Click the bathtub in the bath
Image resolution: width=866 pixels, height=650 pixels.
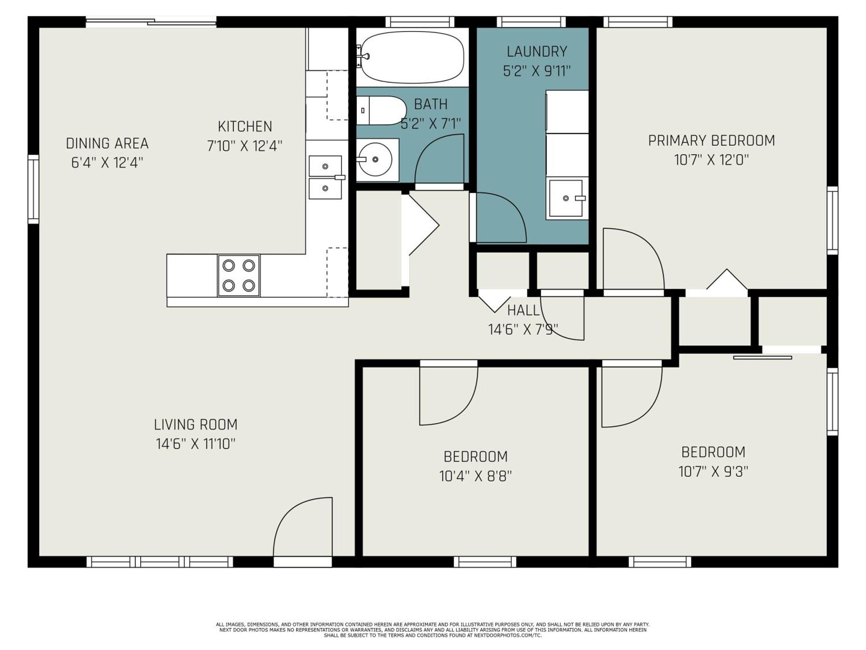click(412, 57)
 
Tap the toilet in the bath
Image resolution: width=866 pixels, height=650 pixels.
click(382, 110)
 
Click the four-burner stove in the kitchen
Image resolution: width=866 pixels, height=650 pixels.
click(239, 275)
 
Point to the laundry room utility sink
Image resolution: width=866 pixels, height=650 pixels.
click(567, 199)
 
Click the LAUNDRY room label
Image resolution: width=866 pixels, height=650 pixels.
click(537, 52)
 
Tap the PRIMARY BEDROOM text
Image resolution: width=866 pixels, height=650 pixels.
click(711, 141)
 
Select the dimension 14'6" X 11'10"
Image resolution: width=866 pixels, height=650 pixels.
click(196, 444)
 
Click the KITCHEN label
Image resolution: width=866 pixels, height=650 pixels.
click(245, 126)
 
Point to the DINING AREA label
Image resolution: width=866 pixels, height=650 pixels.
click(107, 144)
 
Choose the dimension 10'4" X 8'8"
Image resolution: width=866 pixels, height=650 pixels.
click(475, 476)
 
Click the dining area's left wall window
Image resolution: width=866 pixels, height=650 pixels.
click(33, 189)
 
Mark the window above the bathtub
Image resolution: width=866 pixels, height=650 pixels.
click(420, 22)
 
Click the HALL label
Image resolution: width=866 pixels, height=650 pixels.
click(523, 311)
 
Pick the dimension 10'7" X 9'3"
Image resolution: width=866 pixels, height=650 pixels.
click(713, 472)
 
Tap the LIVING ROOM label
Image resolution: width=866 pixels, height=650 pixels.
click(196, 425)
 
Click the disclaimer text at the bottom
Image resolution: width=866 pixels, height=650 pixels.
click(433, 630)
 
